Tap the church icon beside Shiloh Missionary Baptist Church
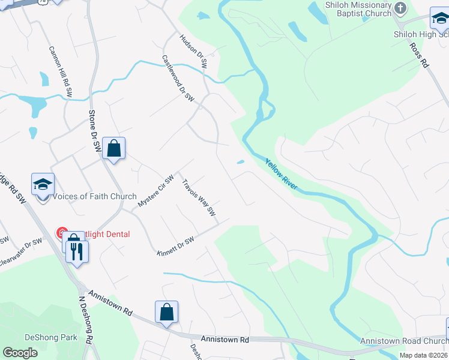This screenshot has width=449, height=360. tap(401, 8)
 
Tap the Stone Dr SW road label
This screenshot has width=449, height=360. tap(95, 131)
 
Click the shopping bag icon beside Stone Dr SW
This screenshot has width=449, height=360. tap(114, 148)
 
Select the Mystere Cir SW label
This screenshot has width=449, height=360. tap(155, 191)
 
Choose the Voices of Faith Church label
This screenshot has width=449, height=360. tap(95, 197)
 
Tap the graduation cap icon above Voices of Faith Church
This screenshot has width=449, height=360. tap(43, 185)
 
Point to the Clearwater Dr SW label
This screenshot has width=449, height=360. tap(21, 248)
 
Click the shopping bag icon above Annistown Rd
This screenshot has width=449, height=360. tap(166, 312)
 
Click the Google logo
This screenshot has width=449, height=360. tap(20, 352)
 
